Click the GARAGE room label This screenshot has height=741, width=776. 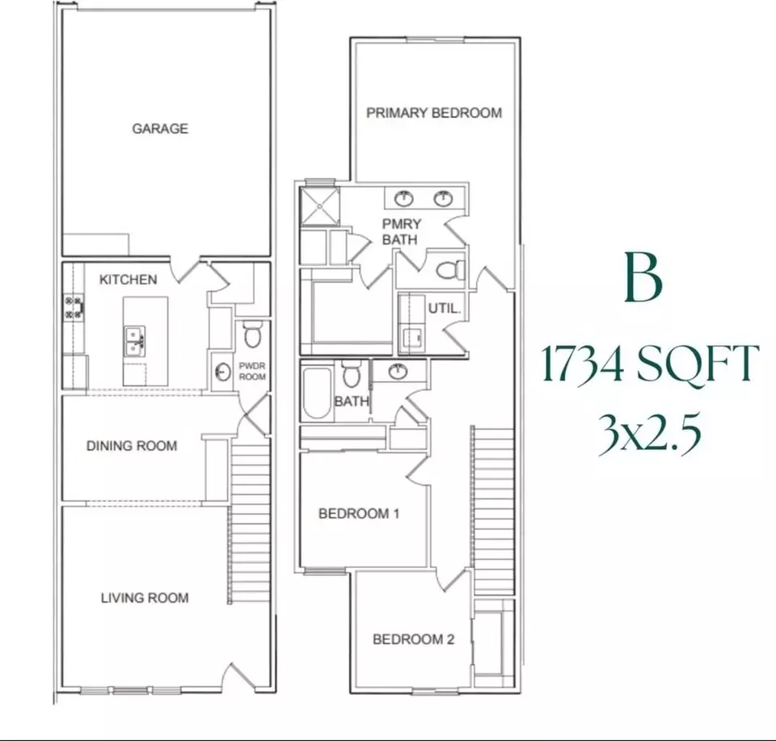coord(160,128)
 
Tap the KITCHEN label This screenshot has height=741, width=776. coord(129,280)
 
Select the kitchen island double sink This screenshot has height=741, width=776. coord(134,340)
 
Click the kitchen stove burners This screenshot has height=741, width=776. coord(74,307)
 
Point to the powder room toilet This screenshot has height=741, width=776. coord(253,334)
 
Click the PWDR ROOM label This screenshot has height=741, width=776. coord(252,371)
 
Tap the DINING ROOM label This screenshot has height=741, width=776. coord(132,446)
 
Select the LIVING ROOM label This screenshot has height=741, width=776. coord(145,598)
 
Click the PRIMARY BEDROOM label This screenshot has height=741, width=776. coord(434,113)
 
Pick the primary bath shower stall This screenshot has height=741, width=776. coord(320,206)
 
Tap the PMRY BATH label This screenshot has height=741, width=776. coord(401,231)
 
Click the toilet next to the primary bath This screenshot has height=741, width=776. coord(450,270)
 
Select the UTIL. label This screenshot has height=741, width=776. coord(445,308)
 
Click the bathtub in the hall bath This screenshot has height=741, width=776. coord(317,393)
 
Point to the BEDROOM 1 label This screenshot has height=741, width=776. coord(359,513)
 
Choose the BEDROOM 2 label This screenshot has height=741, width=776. coord(413,639)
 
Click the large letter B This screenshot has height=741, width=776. coord(643,277)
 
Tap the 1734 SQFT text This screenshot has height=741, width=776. coord(650,364)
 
